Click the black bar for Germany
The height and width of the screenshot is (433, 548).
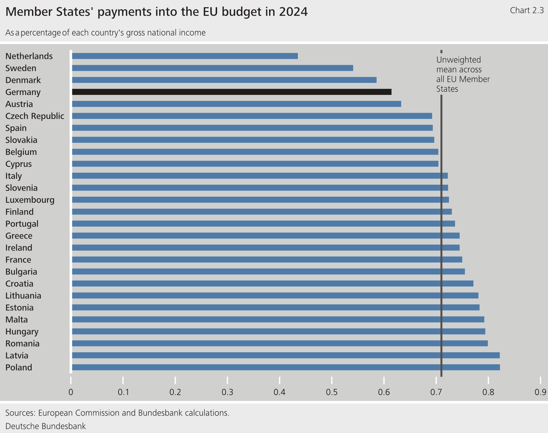(x=232, y=92)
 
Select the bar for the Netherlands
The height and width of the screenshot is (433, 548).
(x=185, y=56)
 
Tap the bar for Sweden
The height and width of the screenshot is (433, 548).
(x=212, y=68)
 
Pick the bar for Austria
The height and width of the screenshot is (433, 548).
(x=236, y=104)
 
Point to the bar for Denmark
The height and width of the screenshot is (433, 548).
(x=224, y=80)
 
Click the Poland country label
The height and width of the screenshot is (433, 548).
(x=19, y=368)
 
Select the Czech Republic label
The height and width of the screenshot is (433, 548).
(x=35, y=116)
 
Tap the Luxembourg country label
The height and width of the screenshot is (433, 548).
(x=30, y=200)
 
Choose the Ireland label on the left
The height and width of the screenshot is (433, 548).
(x=19, y=248)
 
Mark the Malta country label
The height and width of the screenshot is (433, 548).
(x=17, y=320)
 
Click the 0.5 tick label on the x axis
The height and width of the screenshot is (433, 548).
(x=332, y=392)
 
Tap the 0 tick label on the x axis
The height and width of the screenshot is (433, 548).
(x=71, y=392)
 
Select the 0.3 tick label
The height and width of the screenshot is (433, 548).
(x=227, y=392)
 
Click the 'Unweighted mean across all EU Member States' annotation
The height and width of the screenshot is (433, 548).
(x=463, y=74)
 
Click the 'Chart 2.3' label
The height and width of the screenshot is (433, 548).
(x=527, y=11)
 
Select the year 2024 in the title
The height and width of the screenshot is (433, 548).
(x=293, y=12)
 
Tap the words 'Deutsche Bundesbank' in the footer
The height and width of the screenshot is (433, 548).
(x=46, y=426)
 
